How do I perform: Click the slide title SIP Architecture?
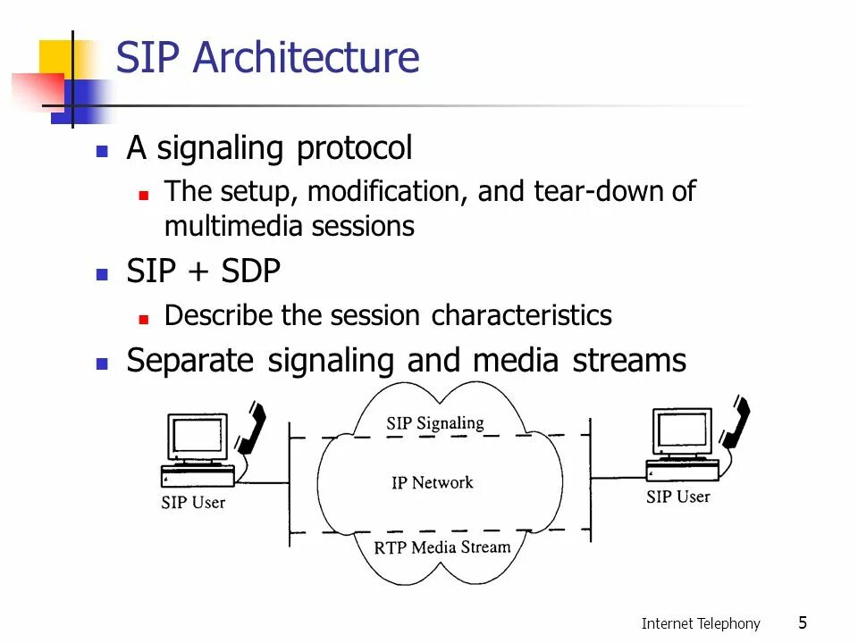tap(267, 57)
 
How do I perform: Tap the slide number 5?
tap(803, 622)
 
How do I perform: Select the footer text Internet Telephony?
tap(701, 623)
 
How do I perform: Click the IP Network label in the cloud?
tap(433, 483)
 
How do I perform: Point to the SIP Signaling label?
tap(435, 423)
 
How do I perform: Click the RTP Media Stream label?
tap(442, 547)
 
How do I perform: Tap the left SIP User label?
tap(193, 502)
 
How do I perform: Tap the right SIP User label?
tap(677, 497)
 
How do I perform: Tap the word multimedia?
tap(234, 226)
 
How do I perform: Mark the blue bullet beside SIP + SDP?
tap(102, 273)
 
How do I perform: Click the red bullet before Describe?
tap(144, 317)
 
